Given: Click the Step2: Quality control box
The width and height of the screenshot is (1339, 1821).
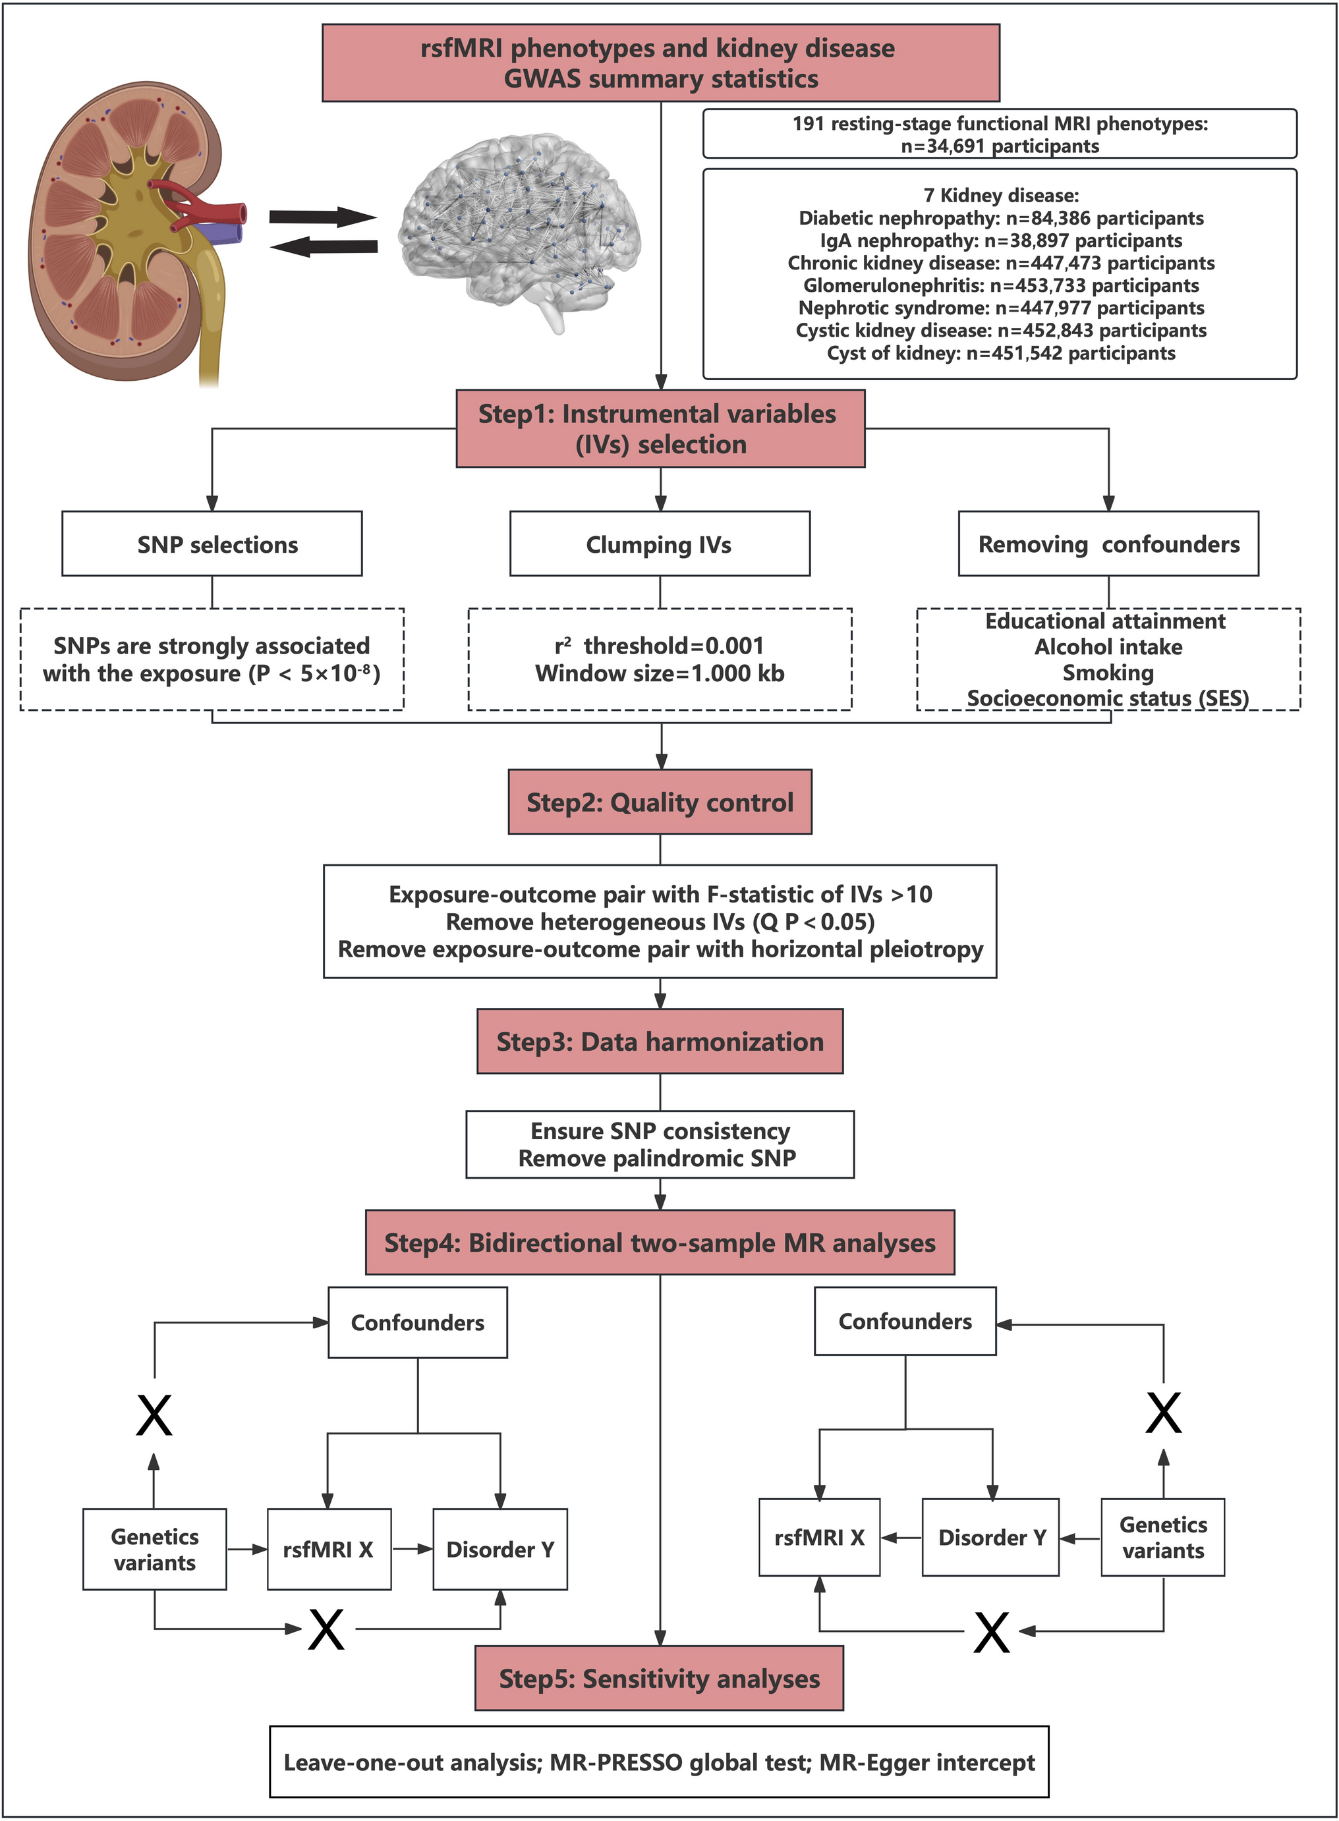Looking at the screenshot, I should coord(660,802).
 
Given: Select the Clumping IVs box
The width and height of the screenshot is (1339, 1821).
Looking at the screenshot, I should coord(660,544).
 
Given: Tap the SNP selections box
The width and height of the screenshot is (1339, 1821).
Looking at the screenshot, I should coord(212,544).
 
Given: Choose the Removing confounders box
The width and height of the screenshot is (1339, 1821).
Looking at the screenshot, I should coord(1108,544).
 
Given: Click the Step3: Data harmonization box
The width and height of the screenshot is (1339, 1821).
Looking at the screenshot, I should coord(660,1042).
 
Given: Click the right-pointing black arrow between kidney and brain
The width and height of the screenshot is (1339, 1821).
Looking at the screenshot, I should coord(323,216).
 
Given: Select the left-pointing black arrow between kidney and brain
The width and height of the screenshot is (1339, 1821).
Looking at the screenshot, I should coord(323,246).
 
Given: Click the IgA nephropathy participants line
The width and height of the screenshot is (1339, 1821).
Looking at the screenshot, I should coord(1001,240).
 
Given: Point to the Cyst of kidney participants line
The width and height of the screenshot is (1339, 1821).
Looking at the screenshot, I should coord(1001,353).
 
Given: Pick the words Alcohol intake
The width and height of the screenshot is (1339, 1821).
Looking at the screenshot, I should coord(1108,647).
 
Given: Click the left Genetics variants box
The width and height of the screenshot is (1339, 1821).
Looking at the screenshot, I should coord(155,1549).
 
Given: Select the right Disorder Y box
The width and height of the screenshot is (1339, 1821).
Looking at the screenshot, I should coord(991,1536).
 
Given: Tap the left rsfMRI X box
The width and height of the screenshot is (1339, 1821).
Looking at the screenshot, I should coord(328,1549).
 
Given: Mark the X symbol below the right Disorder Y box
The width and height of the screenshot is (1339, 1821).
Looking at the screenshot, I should coord(991,1632).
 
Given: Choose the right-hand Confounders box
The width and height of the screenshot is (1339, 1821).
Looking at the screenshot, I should coord(905,1321).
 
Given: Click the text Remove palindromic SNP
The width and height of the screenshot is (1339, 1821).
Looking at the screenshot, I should coord(658,1158).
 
